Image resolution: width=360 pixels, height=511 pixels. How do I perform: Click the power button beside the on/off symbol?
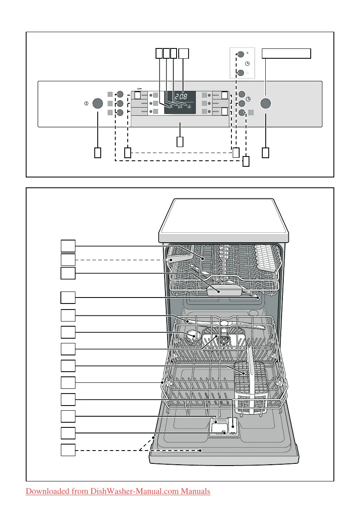98,103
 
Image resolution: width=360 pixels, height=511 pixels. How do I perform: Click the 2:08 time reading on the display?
180,95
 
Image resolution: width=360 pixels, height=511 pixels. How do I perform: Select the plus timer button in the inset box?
241,54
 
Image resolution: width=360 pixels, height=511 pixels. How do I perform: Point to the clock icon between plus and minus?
247,63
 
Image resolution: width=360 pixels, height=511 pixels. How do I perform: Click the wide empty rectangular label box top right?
286,53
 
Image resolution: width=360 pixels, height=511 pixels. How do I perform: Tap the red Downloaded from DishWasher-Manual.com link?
118,491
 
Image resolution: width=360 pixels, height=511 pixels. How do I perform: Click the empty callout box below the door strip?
180,141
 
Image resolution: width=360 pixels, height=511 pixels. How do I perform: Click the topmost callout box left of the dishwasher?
68,246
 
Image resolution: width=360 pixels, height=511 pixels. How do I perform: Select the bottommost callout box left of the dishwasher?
68,450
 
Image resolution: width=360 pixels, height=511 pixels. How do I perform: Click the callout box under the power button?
98,152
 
